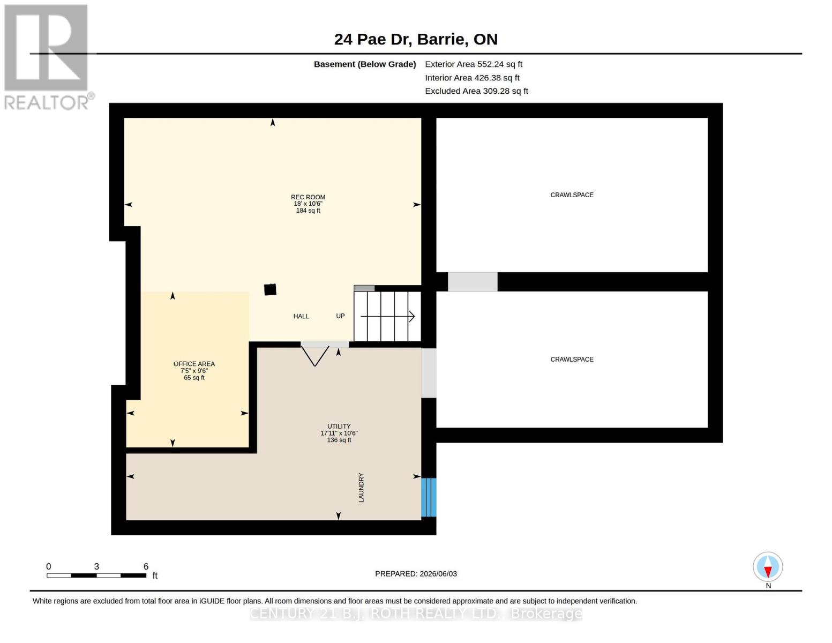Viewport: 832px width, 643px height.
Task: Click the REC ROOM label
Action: pos(308,197)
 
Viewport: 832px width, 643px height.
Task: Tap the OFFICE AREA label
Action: pos(194,364)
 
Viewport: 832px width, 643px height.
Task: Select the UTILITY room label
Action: pos(339,426)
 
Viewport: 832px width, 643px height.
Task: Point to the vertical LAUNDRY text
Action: pos(361,488)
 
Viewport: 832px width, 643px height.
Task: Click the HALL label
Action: pos(301,316)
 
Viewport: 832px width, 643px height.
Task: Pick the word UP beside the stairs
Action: pos(340,316)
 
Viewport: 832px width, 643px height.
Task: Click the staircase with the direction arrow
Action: pos(387,316)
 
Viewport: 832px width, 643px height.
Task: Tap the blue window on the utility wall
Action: pos(429,497)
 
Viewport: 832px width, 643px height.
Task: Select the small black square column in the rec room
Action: pos(271,289)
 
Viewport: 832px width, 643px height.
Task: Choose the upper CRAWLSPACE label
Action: pos(572,195)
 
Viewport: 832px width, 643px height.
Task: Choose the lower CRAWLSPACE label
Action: pos(572,359)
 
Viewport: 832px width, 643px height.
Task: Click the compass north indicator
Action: pos(768,567)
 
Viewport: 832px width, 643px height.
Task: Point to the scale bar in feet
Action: pos(96,575)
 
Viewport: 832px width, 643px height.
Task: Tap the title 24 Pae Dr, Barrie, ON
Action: pos(416,40)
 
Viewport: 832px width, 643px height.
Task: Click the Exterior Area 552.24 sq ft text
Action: pos(474,64)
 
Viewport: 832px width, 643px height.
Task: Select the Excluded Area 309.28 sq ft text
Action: pos(476,91)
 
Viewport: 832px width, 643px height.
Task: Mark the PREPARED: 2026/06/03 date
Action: pos(416,574)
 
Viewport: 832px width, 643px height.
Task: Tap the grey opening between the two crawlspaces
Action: pos(473,281)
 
